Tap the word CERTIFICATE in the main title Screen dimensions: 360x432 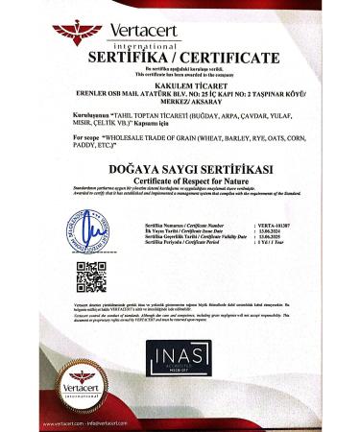[x=227, y=58]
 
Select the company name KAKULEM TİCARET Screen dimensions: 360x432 [x=180, y=84]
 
